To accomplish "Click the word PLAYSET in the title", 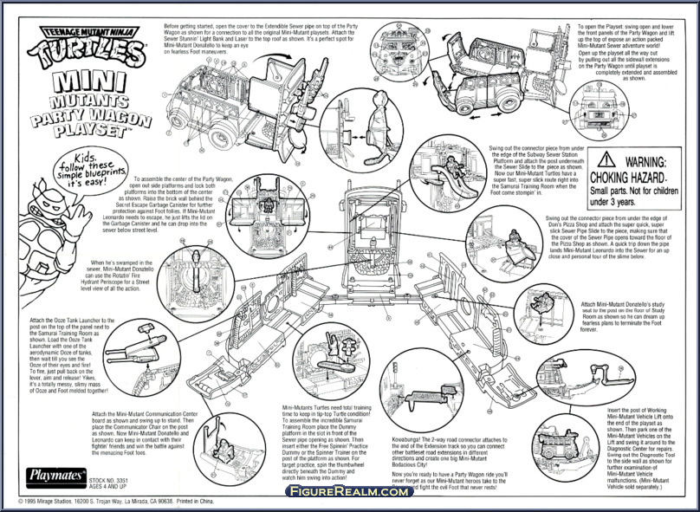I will point(93,124).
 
